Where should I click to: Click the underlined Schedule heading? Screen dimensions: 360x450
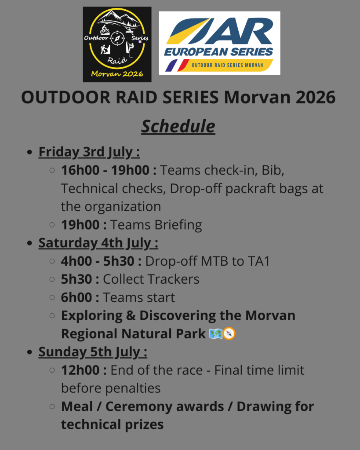(178, 126)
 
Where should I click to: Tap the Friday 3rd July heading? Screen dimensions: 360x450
(89, 152)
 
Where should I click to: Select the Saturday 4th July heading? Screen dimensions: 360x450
(98, 243)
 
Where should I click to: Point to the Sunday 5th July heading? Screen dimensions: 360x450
(93, 352)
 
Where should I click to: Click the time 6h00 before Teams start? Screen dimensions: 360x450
(76, 297)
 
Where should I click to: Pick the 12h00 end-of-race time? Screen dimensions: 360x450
(80, 370)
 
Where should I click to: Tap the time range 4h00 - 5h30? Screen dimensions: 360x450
(98, 261)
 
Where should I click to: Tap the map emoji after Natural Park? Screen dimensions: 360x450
(216, 334)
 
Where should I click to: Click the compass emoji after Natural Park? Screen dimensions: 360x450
(229, 333)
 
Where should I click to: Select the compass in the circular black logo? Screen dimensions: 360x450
(117, 38)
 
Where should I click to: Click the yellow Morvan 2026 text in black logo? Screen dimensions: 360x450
(117, 74)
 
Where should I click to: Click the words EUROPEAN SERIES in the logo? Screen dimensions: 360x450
(218, 52)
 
